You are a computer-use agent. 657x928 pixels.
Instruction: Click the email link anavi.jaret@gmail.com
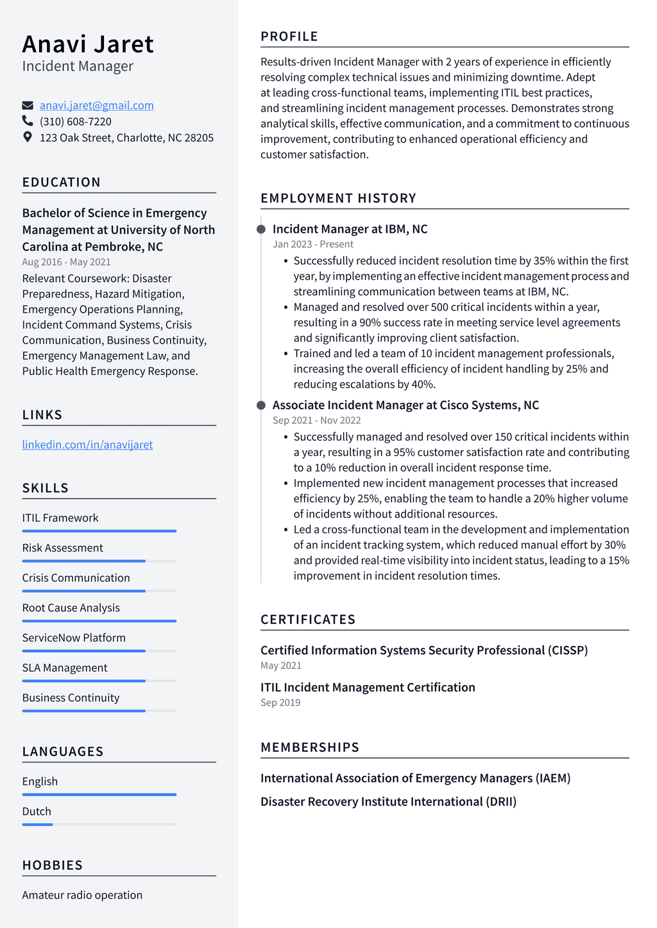[96, 105]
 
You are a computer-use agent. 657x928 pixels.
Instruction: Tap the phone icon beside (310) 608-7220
[28, 121]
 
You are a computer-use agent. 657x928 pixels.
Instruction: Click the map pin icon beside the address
[28, 137]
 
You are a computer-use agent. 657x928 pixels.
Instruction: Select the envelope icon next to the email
[28, 105]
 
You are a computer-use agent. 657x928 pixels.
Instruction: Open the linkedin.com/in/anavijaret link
[87, 444]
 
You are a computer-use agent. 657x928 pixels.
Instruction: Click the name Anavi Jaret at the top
[88, 44]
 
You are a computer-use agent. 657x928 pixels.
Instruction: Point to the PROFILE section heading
[289, 37]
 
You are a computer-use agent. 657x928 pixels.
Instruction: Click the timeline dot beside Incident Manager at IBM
[261, 229]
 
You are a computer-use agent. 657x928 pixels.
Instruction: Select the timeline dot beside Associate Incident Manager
[261, 405]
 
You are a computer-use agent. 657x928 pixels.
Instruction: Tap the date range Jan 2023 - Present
[312, 244]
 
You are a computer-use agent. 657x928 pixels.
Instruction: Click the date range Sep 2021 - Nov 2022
[316, 420]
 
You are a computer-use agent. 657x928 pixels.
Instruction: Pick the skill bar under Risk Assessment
[99, 561]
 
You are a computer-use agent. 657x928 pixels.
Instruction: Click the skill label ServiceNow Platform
[74, 637]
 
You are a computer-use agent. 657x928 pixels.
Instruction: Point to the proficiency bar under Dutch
[99, 824]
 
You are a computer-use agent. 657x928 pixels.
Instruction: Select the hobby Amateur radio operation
[82, 895]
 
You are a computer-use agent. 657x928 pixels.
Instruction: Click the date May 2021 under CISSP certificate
[280, 666]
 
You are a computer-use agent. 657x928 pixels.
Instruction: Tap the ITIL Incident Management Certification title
[368, 687]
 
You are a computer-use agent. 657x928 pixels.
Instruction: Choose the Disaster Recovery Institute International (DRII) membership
[388, 802]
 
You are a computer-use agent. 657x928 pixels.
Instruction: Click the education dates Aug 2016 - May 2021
[66, 262]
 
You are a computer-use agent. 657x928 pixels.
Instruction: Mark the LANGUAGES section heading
[63, 751]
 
